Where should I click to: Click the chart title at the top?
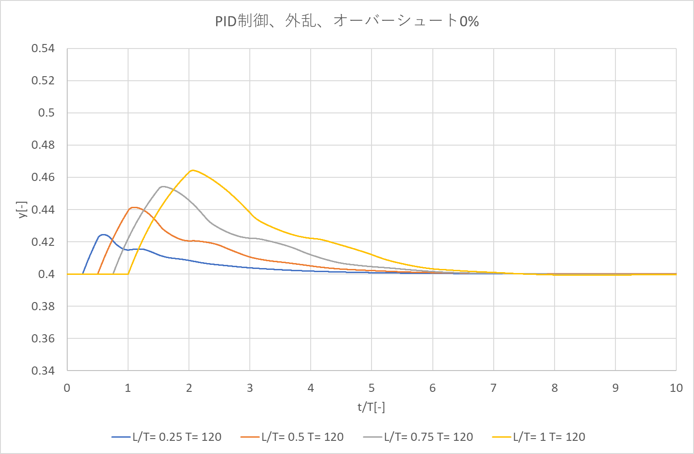[347, 21]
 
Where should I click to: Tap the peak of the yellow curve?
[193, 170]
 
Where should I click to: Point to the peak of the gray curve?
[163, 186]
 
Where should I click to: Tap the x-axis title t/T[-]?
[371, 407]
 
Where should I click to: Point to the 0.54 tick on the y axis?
[43, 49]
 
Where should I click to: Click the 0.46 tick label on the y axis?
[43, 177]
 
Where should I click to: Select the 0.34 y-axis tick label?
[43, 371]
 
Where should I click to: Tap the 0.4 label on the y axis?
[46, 274]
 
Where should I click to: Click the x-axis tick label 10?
[676, 388]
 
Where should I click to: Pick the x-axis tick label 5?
[372, 388]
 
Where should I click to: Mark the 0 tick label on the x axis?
[67, 388]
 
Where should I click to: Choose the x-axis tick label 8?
[555, 388]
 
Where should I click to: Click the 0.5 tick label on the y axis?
[46, 113]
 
